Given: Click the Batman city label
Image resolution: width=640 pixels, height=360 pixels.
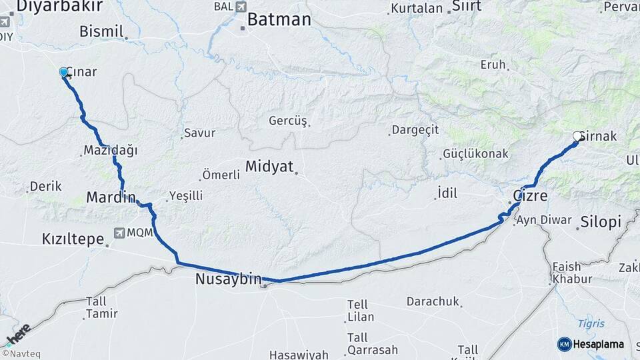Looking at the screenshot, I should click(279, 20).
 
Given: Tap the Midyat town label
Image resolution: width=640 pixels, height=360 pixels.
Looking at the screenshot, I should click(269, 167).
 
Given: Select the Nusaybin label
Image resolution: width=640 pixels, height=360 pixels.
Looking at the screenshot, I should click(228, 279).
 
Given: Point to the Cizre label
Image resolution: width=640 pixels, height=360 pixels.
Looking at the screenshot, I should click(530, 197).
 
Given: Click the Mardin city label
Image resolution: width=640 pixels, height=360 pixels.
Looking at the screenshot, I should click(111, 197).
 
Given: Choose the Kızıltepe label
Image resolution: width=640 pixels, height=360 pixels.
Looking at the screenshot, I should click(73, 239).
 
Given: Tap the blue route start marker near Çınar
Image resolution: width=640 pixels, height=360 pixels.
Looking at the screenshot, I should click(64, 72).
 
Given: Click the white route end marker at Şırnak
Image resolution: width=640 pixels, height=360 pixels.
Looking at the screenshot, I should click(577, 136).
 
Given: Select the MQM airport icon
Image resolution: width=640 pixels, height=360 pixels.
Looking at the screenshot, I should click(119, 233).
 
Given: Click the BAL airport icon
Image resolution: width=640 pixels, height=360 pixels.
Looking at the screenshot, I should click(241, 6).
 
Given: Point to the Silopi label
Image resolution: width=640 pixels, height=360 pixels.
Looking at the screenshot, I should click(600, 222).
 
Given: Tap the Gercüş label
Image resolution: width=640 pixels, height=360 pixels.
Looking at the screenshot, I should click(287, 121).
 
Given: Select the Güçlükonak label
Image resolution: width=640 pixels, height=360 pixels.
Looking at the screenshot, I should click(476, 154).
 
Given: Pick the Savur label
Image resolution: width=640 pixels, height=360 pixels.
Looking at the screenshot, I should click(200, 133).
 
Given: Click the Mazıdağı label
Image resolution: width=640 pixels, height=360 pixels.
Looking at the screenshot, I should click(111, 150).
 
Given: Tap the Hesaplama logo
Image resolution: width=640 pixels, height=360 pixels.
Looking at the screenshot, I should click(591, 344).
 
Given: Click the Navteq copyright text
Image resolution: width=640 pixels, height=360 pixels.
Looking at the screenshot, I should click(21, 354).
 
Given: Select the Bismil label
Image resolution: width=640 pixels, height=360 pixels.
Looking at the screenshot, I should click(101, 31).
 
